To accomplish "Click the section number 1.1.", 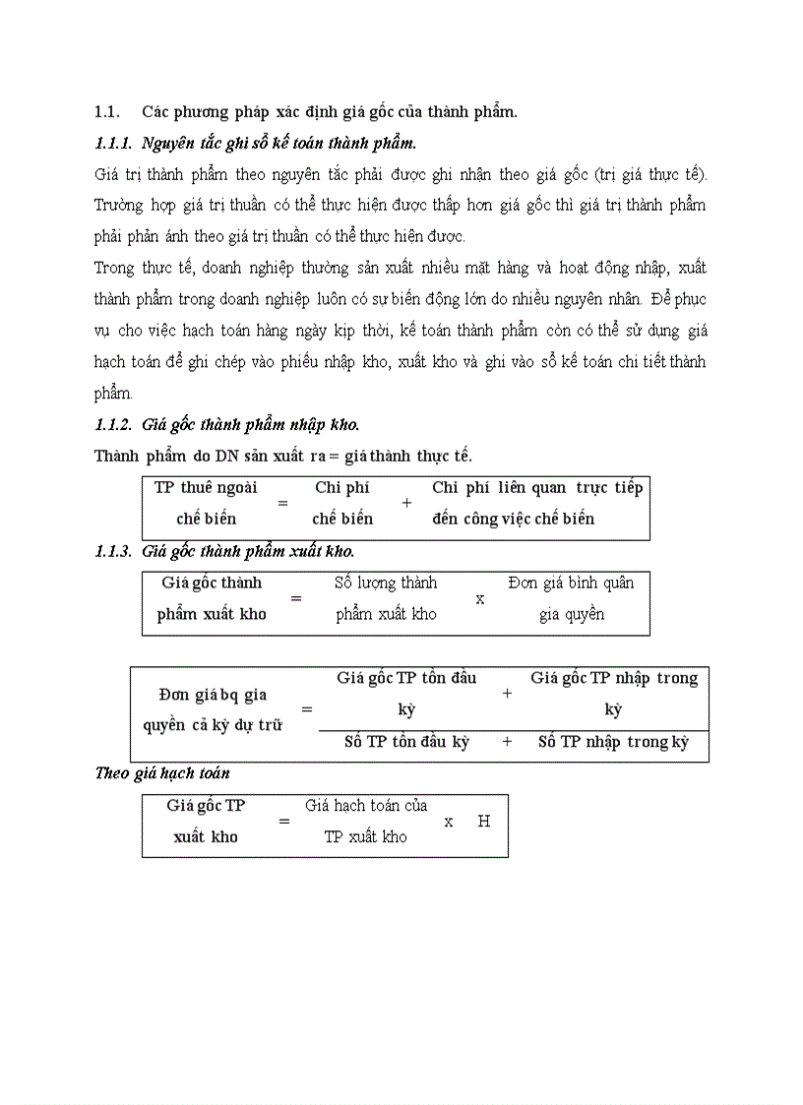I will [x=106, y=111].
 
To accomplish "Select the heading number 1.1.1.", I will [x=113, y=144].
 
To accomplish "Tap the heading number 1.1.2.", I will [x=113, y=425].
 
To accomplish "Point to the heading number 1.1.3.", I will [x=113, y=551].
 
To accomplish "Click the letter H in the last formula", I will [x=483, y=821].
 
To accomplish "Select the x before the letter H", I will [x=449, y=821].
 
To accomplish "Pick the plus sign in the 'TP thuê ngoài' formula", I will [x=406, y=502].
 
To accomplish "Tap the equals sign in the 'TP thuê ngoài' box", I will [x=282, y=502].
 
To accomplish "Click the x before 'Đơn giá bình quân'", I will [x=480, y=597].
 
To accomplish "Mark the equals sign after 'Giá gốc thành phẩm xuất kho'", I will [x=294, y=597].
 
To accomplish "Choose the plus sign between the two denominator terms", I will [x=507, y=742].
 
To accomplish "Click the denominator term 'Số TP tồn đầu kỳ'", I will [x=406, y=742].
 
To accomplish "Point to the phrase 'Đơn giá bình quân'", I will [x=571, y=583].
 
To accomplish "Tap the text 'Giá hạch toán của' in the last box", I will [x=366, y=805].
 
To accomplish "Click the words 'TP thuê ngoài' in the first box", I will [x=206, y=487].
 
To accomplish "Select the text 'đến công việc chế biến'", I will [x=513, y=519].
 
